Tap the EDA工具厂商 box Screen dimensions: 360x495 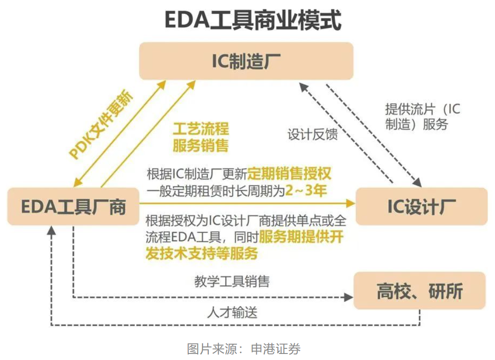(73, 206)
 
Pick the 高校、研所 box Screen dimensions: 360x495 (419, 291)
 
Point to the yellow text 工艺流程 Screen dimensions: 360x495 (201, 129)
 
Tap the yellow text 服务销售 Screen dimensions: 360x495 (201, 146)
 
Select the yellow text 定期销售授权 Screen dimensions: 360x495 (289, 174)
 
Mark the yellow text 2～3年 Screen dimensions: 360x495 (306, 191)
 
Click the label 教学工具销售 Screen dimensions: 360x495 (232, 281)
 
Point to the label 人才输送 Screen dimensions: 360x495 (232, 312)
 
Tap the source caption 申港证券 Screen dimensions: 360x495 (276, 348)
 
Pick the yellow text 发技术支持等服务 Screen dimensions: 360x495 (201, 254)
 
